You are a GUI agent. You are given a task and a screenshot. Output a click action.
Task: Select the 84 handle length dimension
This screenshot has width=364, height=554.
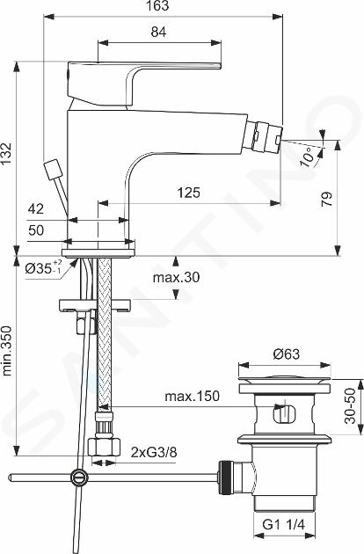click(x=158, y=33)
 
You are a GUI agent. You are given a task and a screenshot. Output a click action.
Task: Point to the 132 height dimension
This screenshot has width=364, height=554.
click(x=6, y=155)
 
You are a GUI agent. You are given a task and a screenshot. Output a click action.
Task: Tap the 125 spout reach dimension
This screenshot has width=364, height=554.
click(x=188, y=193)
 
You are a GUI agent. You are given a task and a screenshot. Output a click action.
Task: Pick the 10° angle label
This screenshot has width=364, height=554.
click(x=307, y=157)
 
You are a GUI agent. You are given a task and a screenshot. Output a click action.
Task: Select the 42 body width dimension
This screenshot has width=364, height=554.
click(x=36, y=208)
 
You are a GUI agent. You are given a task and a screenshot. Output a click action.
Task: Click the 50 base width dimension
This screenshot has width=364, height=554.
click(x=36, y=230)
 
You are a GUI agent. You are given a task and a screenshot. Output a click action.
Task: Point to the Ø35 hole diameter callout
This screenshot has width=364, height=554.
click(x=43, y=268)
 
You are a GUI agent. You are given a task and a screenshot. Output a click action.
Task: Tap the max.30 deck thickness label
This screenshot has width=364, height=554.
click(x=176, y=277)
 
